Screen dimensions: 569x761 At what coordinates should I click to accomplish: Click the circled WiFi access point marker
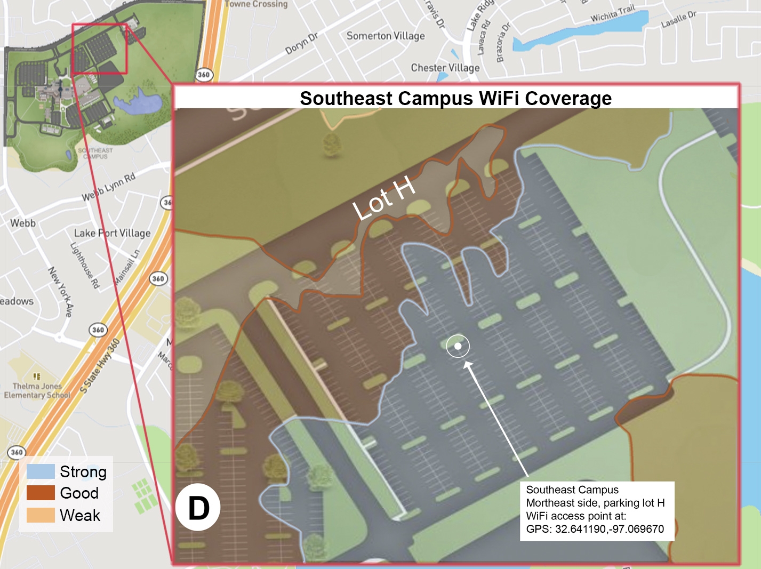[458, 346]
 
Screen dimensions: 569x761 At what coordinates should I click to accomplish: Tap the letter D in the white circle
[198, 508]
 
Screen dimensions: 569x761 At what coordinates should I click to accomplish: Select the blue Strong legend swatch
[41, 471]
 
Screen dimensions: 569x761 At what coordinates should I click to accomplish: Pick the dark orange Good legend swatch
[41, 493]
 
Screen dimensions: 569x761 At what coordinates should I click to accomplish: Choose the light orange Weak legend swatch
[41, 515]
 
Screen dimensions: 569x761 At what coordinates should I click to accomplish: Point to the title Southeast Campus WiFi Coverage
[455, 99]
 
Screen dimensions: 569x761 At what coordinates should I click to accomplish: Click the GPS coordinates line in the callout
[595, 529]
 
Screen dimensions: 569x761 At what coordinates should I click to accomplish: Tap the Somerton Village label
[386, 36]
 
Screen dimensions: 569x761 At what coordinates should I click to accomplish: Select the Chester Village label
[445, 68]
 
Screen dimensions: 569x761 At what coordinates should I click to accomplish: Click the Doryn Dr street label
[301, 44]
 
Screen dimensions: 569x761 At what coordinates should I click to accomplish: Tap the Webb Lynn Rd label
[108, 187]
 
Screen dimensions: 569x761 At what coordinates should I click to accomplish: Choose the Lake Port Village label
[112, 233]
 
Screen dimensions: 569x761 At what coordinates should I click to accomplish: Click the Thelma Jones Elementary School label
[37, 390]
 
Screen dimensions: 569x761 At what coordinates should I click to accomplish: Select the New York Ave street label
[60, 292]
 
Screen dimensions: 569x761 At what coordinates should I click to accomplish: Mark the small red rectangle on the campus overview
[99, 49]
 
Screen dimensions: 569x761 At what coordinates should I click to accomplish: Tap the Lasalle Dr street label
[678, 20]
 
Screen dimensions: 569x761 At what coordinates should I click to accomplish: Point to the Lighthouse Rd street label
[85, 266]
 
